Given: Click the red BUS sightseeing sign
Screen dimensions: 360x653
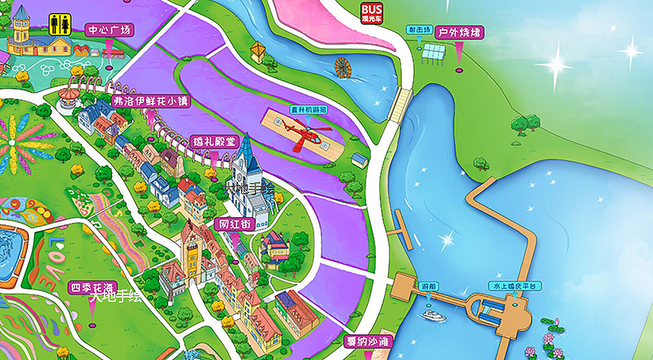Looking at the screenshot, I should click(x=375, y=12).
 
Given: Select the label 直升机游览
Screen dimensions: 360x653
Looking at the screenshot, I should click(x=308, y=110).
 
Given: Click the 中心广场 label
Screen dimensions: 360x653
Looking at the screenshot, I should click(x=110, y=30).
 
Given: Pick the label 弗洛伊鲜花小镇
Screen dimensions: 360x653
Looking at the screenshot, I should click(x=151, y=102).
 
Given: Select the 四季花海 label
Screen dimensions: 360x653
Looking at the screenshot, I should click(x=91, y=287).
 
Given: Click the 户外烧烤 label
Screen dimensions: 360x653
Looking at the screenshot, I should click(x=459, y=33).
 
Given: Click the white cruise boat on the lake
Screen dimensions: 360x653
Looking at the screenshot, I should click(x=434, y=316).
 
